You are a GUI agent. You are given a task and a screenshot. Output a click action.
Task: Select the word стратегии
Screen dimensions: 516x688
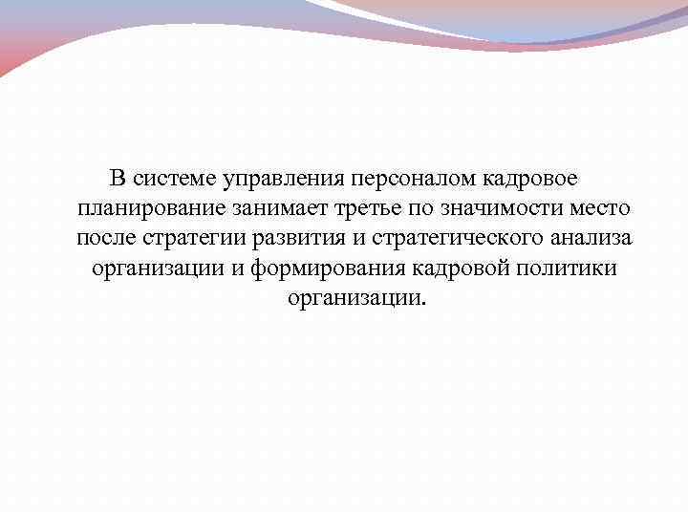190,238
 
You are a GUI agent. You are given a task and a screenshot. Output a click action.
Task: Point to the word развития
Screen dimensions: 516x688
293,238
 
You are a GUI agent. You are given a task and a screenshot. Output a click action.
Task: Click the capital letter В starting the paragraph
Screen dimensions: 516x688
117,179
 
